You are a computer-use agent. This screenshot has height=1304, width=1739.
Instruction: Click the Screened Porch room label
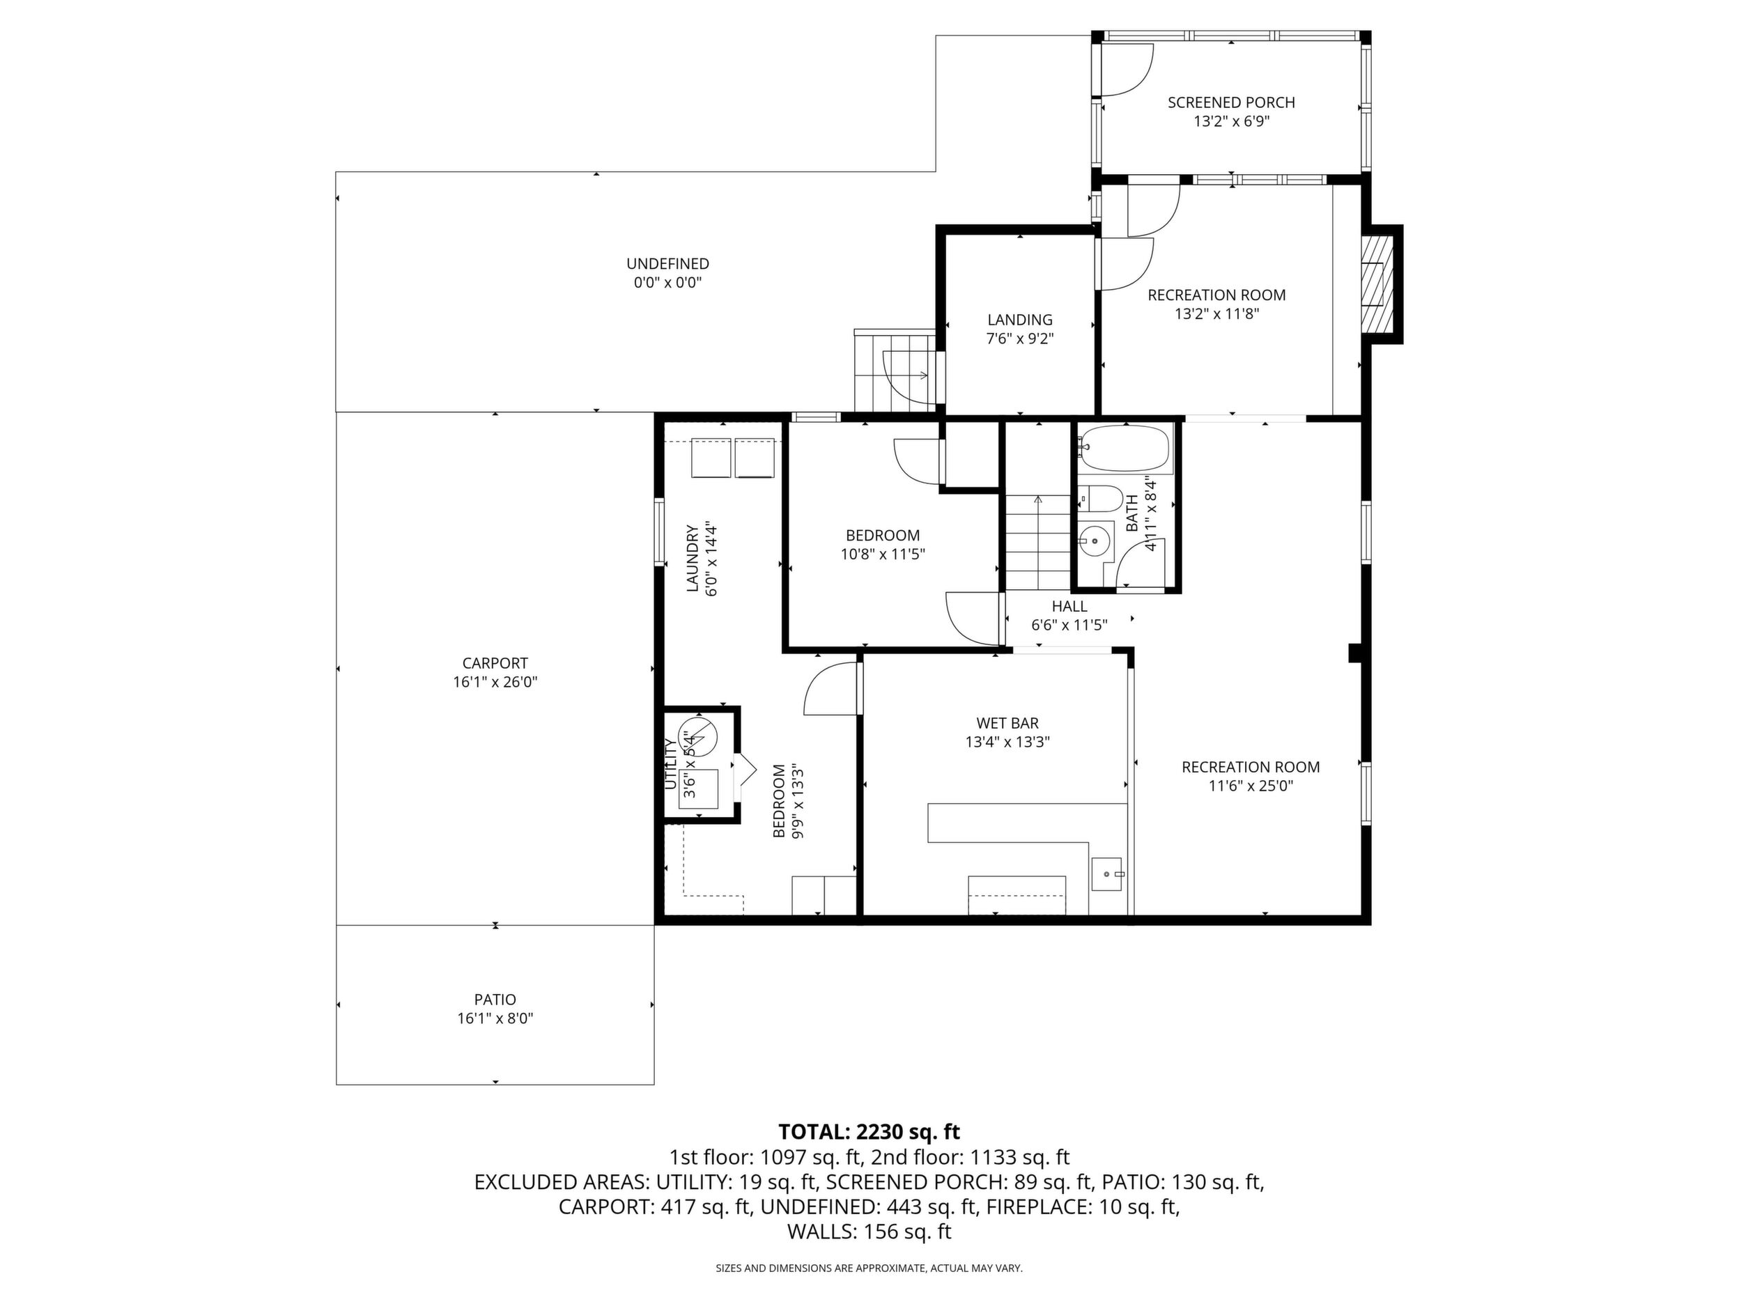click(x=1231, y=102)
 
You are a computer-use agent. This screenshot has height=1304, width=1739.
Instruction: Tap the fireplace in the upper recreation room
click(x=1375, y=284)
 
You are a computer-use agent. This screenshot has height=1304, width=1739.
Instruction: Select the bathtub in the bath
click(x=1124, y=448)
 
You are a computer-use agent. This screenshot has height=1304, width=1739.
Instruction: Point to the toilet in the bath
click(x=1101, y=497)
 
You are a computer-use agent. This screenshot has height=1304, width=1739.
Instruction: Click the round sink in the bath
click(x=1094, y=541)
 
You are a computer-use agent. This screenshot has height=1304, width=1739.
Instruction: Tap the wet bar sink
click(x=1109, y=874)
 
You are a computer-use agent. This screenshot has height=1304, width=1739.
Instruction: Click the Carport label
click(x=495, y=663)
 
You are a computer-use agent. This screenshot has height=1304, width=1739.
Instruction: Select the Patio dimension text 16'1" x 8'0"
click(x=495, y=1018)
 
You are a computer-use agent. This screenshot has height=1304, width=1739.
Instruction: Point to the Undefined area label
click(x=667, y=264)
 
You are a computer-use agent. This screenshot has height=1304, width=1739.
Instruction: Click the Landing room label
click(x=1020, y=320)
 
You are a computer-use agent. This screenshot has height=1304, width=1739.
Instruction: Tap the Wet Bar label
click(x=1008, y=723)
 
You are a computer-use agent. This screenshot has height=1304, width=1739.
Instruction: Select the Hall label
click(x=1069, y=606)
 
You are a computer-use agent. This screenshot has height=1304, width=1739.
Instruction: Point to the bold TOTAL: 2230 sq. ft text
click(x=869, y=1132)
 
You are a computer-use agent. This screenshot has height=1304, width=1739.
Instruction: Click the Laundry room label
click(x=693, y=558)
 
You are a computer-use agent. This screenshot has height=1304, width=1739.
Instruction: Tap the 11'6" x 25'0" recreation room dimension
click(x=1251, y=786)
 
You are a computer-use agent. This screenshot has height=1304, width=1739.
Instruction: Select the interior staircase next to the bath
click(x=1037, y=543)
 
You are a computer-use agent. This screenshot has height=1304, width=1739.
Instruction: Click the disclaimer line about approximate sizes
click(x=869, y=1268)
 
